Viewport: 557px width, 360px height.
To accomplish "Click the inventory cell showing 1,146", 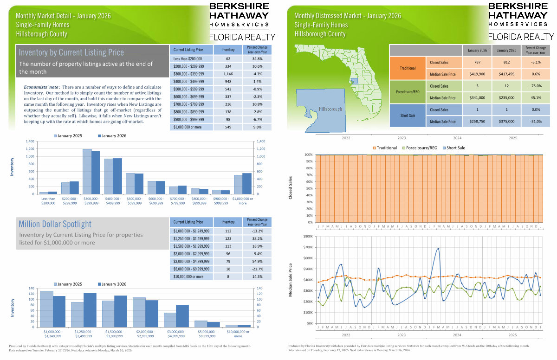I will pyautogui.click(x=228, y=73).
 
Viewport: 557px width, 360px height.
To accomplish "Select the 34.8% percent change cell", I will pyautogui.click(x=258, y=59).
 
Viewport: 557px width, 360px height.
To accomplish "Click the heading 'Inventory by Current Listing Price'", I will pyautogui.click(x=71, y=52).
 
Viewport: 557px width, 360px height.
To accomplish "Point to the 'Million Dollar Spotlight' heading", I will pyautogui.click(x=55, y=224).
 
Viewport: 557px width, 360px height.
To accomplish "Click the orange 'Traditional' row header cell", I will pyautogui.click(x=408, y=68).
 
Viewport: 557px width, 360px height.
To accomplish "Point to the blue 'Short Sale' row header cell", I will pyautogui.click(x=408, y=116).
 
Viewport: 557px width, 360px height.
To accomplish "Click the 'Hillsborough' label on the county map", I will pyautogui.click(x=330, y=109).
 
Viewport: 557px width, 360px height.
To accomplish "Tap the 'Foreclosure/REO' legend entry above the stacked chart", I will pyautogui.click(x=421, y=148).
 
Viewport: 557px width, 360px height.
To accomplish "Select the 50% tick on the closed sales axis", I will pyautogui.click(x=309, y=188).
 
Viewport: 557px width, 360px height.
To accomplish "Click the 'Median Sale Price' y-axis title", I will pyautogui.click(x=291, y=280).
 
